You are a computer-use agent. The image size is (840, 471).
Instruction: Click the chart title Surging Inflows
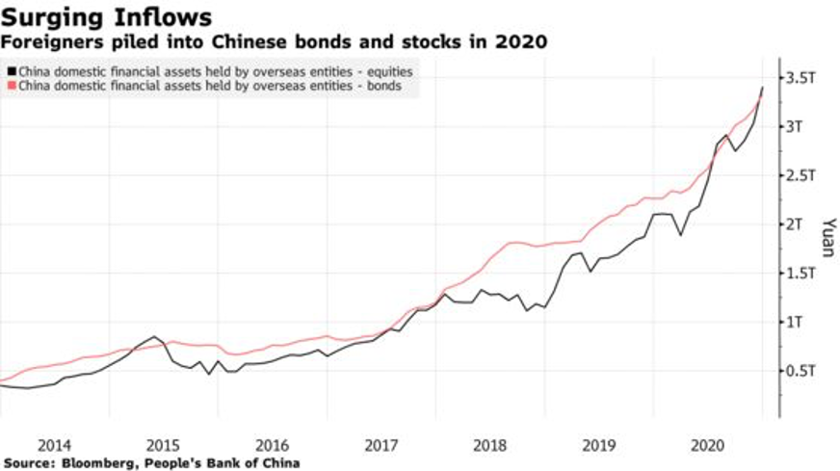107,17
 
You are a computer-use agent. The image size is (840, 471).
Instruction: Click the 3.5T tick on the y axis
805,78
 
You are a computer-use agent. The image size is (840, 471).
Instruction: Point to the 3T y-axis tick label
801,127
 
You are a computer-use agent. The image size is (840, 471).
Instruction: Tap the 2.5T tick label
805,175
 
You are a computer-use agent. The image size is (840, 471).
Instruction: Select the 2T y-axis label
801,224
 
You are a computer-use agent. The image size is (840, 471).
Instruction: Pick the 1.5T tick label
805,274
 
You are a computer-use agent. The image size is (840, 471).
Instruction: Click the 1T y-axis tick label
801,322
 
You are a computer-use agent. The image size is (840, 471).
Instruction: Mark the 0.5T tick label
805,371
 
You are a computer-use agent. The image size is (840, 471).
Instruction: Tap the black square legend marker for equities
11,71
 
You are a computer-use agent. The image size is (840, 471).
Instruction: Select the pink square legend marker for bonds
11,86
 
